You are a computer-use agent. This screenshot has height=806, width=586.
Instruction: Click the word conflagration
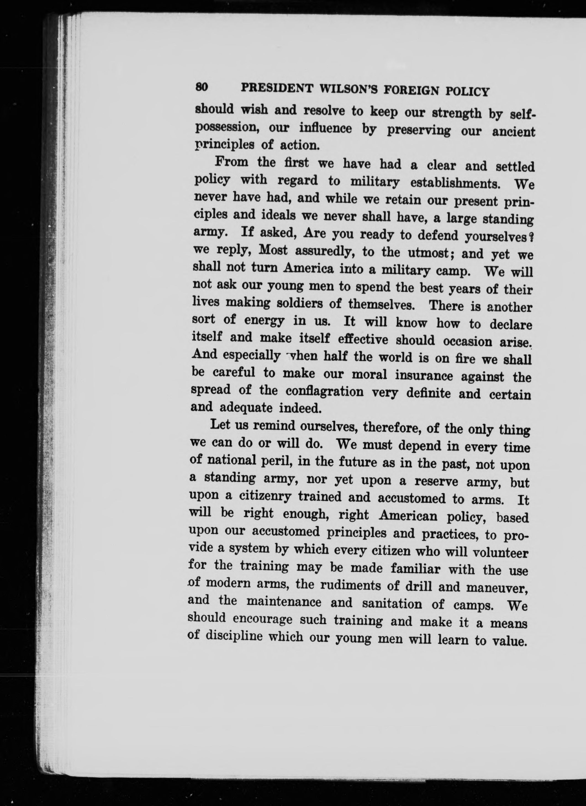pyautogui.click(x=324, y=391)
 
